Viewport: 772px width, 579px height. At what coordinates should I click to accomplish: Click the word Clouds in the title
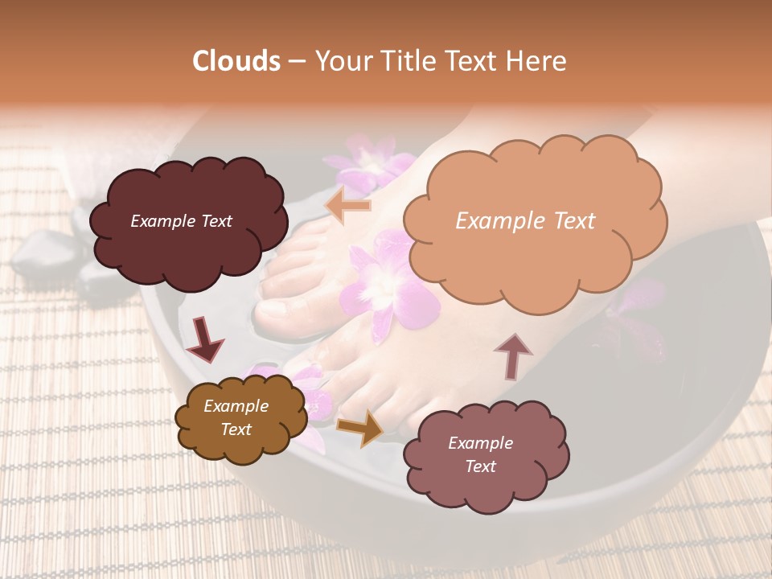tap(237, 61)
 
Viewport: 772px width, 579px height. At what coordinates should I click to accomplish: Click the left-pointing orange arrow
tap(347, 206)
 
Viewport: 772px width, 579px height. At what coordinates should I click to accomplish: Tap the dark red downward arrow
tap(205, 339)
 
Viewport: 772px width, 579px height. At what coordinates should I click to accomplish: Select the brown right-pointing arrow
tap(360, 428)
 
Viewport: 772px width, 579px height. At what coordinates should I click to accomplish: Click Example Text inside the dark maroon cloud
tap(181, 221)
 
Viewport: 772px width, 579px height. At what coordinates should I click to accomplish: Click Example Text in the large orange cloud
tap(525, 221)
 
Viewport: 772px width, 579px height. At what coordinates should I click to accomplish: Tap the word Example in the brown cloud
tap(236, 406)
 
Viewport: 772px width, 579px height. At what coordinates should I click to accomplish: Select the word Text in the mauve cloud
tap(480, 466)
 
